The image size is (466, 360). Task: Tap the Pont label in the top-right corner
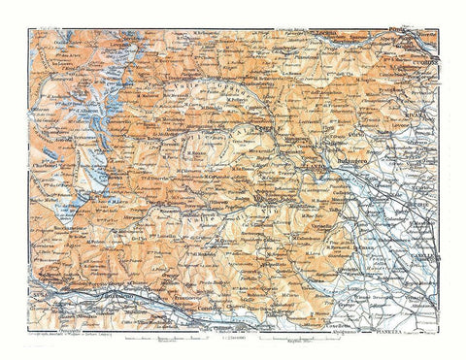pos(420,32)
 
